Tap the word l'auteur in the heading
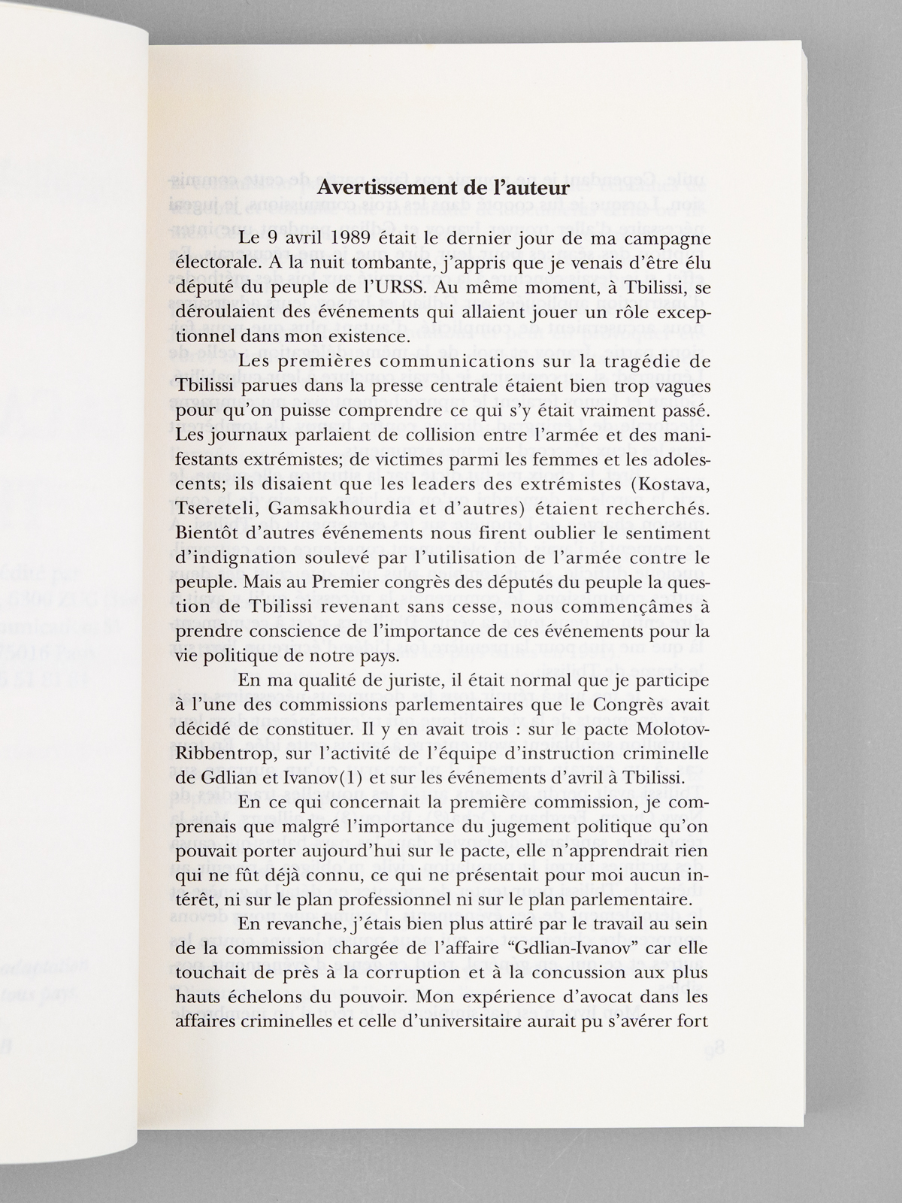pos(526,209)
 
